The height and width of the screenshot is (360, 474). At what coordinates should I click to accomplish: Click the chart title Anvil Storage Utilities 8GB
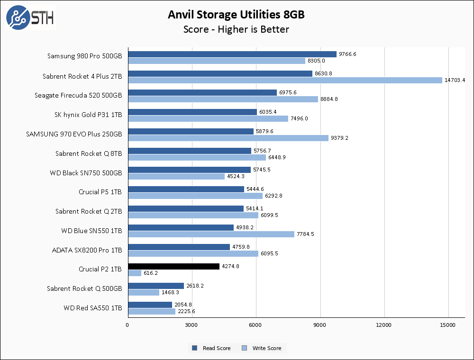[236, 15]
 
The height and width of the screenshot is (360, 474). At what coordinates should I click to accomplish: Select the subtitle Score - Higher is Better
[236, 29]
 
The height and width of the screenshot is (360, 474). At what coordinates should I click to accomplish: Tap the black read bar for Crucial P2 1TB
[173, 267]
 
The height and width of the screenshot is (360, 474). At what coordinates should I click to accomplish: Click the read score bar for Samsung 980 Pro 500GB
[232, 54]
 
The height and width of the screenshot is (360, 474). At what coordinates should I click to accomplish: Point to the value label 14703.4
[455, 80]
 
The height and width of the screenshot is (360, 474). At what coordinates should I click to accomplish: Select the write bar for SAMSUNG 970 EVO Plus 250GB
[228, 138]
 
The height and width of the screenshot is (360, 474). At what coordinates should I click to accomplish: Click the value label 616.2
[152, 273]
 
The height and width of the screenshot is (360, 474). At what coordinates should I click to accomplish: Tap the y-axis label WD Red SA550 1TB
[93, 308]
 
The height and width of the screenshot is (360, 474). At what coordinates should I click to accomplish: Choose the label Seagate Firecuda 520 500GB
[78, 95]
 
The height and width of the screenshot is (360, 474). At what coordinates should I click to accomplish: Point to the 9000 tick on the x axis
[320, 325]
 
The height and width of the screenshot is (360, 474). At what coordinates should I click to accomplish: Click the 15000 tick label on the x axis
[448, 325]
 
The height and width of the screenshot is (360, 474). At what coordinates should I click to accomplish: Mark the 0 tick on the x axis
[128, 325]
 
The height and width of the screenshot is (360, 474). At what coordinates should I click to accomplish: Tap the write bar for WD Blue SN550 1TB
[211, 234]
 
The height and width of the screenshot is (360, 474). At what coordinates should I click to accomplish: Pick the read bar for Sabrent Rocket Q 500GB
[156, 286]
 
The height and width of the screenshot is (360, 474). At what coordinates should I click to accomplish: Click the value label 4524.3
[236, 176]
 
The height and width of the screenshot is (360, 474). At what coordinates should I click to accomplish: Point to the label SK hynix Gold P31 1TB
[88, 115]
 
